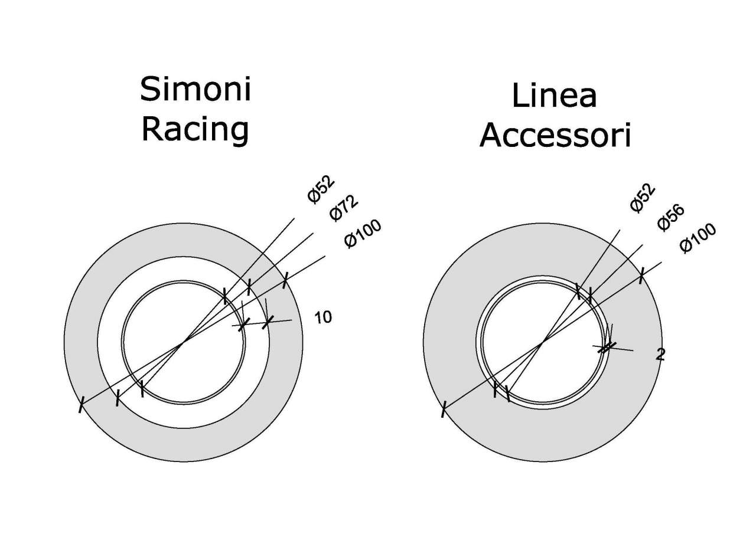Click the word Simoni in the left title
coord(195,90)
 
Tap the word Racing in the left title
coord(195,129)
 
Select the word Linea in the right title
coord(554,96)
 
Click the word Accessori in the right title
coord(555,136)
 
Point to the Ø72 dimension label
coord(344,207)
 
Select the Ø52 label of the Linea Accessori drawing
coord(643,197)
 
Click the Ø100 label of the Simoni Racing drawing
coord(363,234)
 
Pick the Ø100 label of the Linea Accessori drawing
coord(698,238)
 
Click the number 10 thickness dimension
coord(322,317)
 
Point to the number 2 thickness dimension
coord(660,354)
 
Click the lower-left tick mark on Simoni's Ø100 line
coord(82,405)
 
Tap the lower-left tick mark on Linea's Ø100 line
coord(443,408)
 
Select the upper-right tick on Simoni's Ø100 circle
coord(285,280)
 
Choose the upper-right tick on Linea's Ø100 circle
coord(641,276)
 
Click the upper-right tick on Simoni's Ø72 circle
coord(249,287)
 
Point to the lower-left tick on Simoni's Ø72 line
coord(118,398)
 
